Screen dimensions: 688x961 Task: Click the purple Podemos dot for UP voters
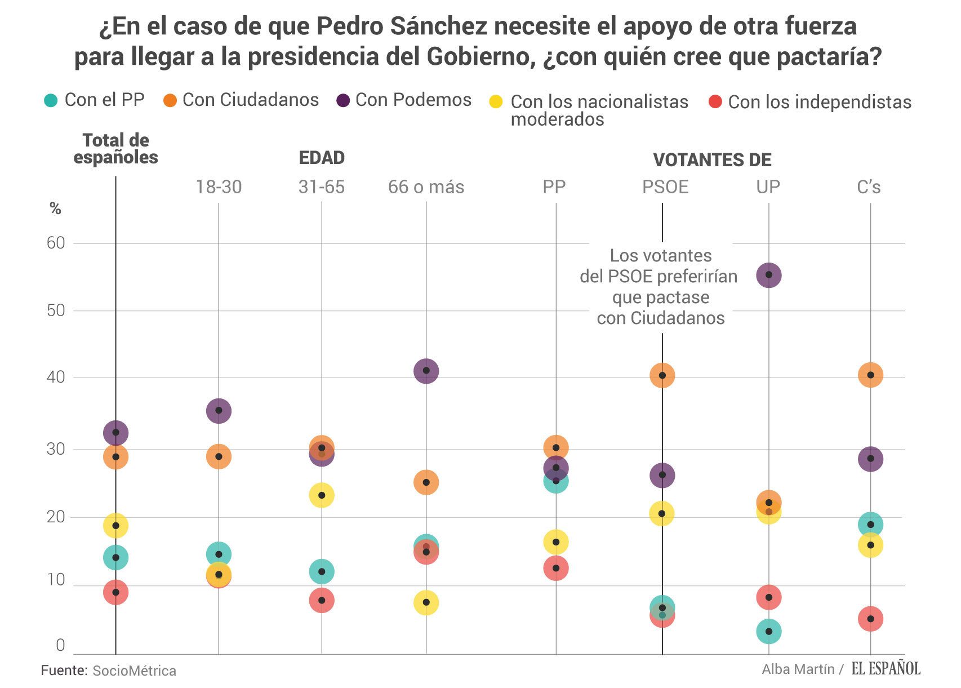tap(769, 275)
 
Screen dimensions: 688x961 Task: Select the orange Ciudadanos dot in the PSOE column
tap(662, 375)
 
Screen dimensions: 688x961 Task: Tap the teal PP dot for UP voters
tap(769, 631)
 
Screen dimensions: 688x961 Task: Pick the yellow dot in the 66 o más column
tap(426, 602)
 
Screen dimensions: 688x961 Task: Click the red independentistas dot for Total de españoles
tap(115, 592)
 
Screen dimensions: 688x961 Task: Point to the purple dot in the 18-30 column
tap(219, 410)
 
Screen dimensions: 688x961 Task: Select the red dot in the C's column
tap(870, 619)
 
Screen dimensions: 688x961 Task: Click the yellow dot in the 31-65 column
tap(322, 495)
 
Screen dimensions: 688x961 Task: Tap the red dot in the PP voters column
tap(556, 568)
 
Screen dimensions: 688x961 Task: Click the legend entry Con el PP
tap(95, 100)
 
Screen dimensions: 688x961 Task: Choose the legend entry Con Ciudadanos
tap(241, 100)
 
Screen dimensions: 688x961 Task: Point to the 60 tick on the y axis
tap(56, 243)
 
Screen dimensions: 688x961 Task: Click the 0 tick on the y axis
tap(60, 645)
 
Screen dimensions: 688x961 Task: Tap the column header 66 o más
tap(426, 187)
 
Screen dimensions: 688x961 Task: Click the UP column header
tap(768, 187)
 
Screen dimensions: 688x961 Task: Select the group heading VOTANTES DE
tap(712, 160)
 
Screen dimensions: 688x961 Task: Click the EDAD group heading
tap(322, 158)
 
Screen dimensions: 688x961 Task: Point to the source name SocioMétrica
tap(134, 671)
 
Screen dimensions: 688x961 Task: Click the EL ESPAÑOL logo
tap(886, 669)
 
